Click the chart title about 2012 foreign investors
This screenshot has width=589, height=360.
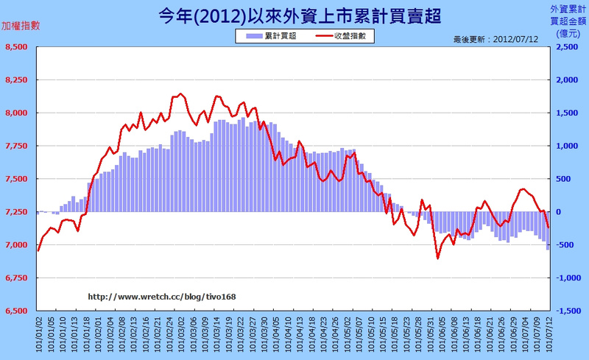pyautogui.click(x=294, y=16)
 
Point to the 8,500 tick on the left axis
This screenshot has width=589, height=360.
pyautogui.click(x=16, y=47)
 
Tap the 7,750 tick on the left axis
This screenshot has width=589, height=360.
pyautogui.click(x=16, y=147)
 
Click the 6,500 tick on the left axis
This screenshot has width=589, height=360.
pyautogui.click(x=16, y=311)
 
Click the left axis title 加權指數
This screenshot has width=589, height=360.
pyautogui.click(x=21, y=25)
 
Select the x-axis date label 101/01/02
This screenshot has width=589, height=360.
pyautogui.click(x=38, y=335)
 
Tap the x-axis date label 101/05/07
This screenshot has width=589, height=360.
pyautogui.click(x=359, y=335)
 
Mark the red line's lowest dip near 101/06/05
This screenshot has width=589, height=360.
pyautogui.click(x=437, y=258)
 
